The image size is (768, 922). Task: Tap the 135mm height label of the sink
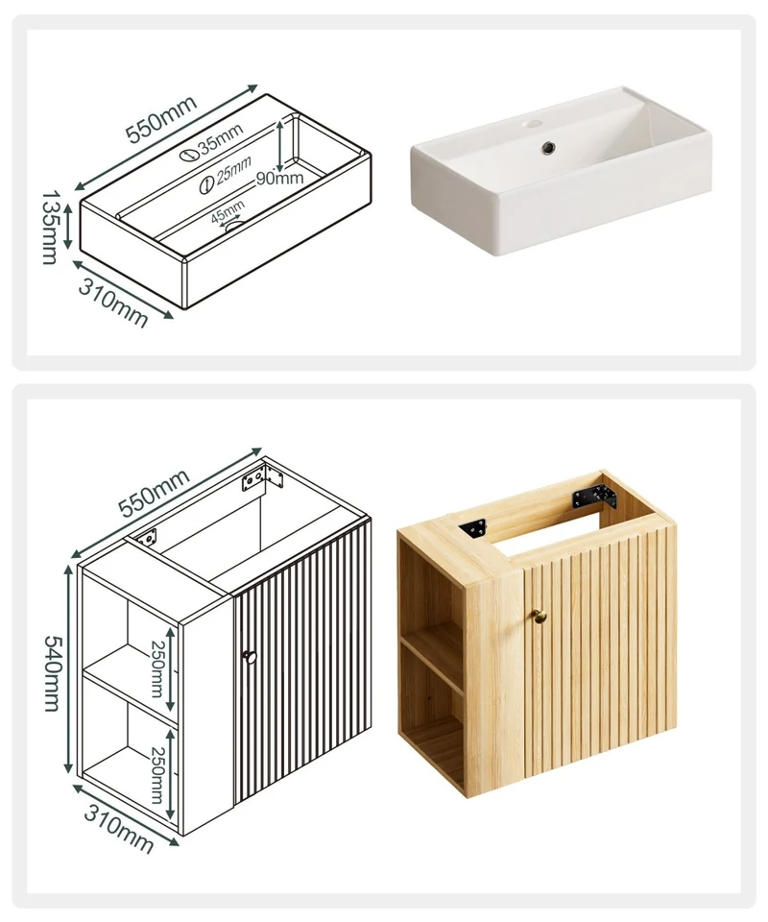(x=51, y=227)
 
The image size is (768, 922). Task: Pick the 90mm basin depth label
(x=279, y=178)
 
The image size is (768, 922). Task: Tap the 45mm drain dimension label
(x=228, y=210)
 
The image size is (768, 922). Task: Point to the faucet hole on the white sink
(x=534, y=124)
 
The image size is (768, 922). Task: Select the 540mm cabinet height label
(x=52, y=673)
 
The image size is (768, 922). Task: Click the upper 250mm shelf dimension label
(x=156, y=668)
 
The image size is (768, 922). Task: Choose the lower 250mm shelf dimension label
(x=157, y=774)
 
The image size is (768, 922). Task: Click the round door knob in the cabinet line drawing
(x=250, y=657)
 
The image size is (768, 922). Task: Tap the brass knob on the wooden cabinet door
(x=540, y=616)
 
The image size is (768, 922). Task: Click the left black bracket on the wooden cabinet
(x=473, y=527)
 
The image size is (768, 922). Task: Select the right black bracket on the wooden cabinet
(x=595, y=497)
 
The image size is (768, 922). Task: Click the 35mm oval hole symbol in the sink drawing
(x=188, y=156)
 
